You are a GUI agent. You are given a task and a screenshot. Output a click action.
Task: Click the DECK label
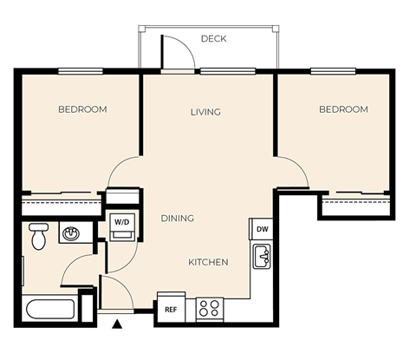[x=213, y=39]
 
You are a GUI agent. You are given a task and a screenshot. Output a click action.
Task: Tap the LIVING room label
[x=205, y=112]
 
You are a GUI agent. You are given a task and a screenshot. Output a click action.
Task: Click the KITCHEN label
[x=208, y=262]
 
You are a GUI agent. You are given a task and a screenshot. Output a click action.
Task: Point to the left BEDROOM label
[x=82, y=109]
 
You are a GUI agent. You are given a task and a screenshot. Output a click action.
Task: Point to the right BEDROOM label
[x=343, y=109]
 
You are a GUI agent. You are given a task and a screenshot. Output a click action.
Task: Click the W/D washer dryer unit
[x=122, y=223]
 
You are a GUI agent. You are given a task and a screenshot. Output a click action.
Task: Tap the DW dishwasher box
[x=262, y=229]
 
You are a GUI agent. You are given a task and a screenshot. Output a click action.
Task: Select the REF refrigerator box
[x=168, y=308]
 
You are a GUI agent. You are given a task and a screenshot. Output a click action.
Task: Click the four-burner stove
[x=209, y=308]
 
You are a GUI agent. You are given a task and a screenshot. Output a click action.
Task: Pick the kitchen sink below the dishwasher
[x=262, y=258]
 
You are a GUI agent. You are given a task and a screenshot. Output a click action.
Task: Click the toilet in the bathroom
[x=38, y=235]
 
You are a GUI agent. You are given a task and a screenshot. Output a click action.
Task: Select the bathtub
[x=50, y=309]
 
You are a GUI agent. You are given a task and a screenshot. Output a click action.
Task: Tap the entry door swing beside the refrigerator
[x=116, y=292]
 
